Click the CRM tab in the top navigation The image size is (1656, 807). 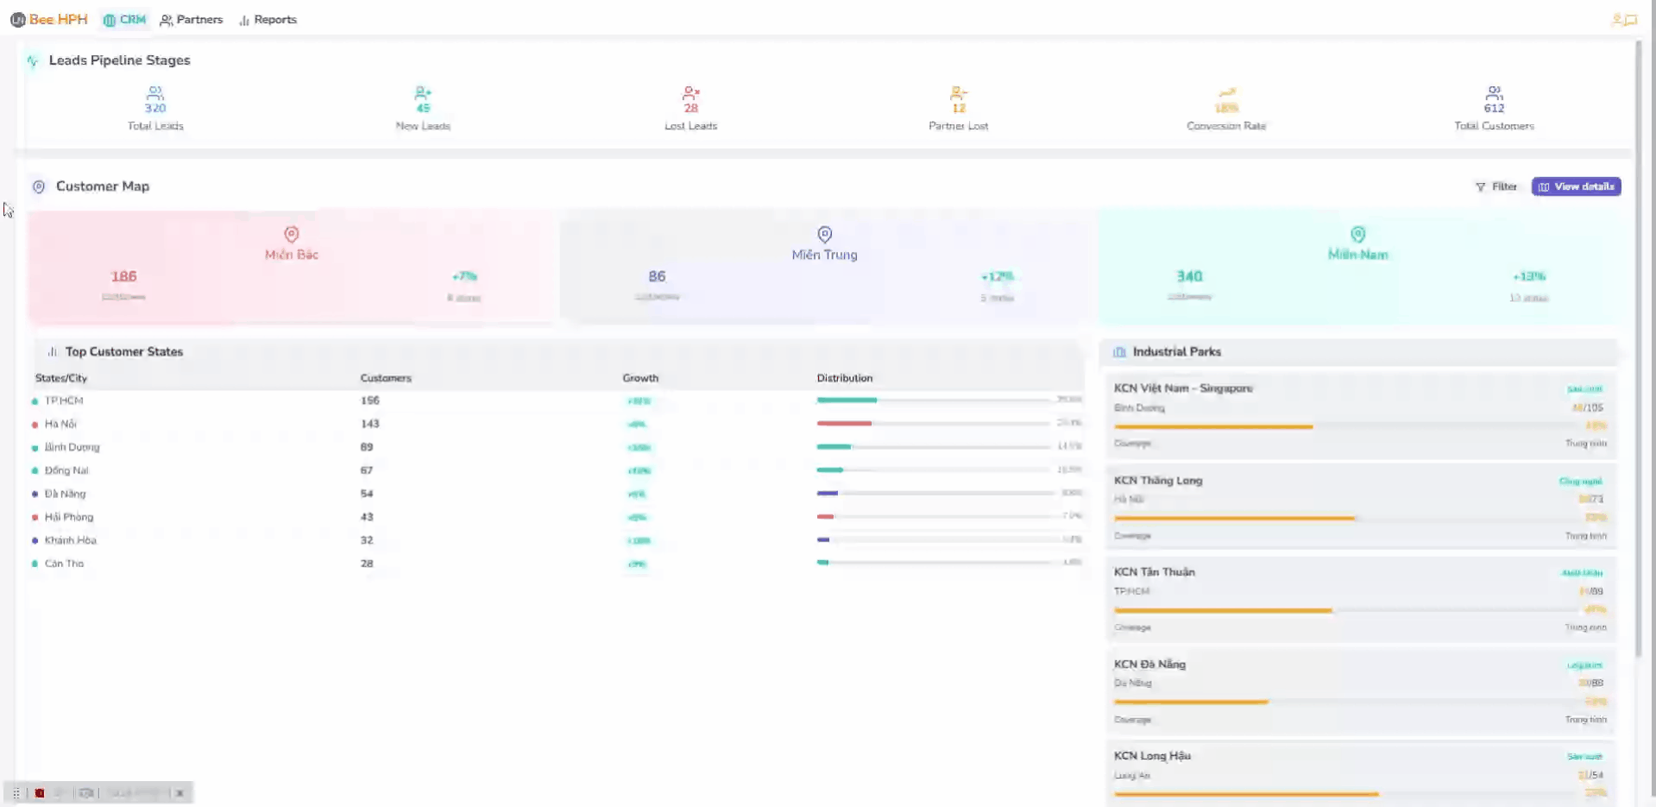125,19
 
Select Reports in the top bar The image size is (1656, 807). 268,19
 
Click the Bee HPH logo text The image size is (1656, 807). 58,19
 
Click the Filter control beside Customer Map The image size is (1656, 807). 1496,186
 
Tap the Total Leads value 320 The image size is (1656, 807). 155,108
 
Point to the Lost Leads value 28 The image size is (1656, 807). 690,108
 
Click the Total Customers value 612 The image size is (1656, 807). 1494,108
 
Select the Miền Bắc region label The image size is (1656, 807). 292,255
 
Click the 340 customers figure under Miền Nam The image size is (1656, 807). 1189,276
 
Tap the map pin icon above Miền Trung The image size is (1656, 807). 824,234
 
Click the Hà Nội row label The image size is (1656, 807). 60,424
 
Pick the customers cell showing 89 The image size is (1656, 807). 367,447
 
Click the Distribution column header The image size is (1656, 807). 844,378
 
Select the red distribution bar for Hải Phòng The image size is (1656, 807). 825,516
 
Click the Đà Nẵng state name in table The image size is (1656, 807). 65,494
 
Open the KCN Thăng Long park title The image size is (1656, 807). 1157,481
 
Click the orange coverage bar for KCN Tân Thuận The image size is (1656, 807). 1222,610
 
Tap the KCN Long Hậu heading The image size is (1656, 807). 1151,756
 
